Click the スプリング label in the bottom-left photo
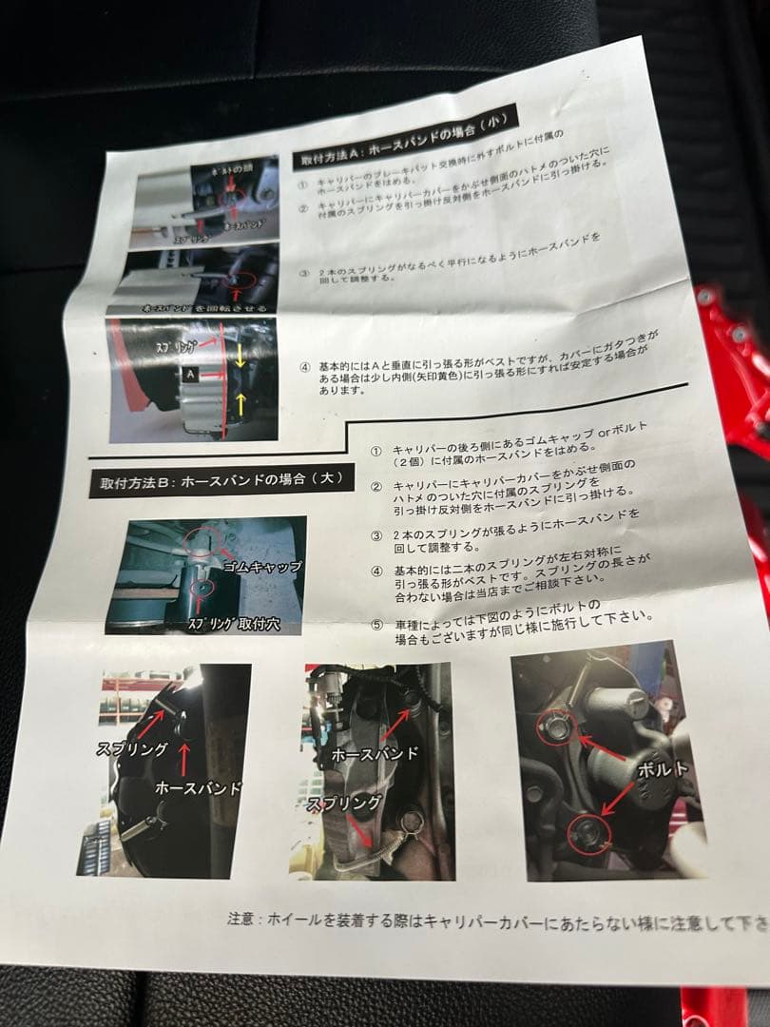pos(132,748)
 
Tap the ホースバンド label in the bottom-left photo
pos(198,788)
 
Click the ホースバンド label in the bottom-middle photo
pos(375,754)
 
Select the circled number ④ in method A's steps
pos(305,366)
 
